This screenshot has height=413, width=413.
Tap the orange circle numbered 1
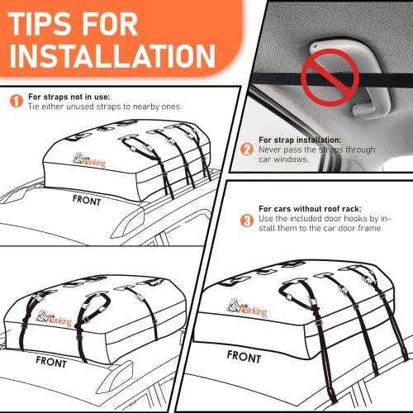pos(16,102)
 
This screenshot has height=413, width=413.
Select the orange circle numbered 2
pos(246,150)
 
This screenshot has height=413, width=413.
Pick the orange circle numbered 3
pos(246,221)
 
